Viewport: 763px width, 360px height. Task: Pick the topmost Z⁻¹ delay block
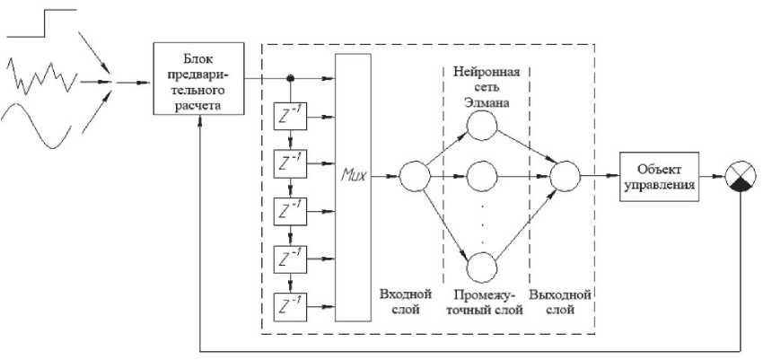point(290,118)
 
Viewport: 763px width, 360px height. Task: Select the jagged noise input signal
point(45,78)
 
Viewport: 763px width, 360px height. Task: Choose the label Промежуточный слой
point(485,302)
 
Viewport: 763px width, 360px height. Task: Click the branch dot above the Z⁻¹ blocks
point(290,78)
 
